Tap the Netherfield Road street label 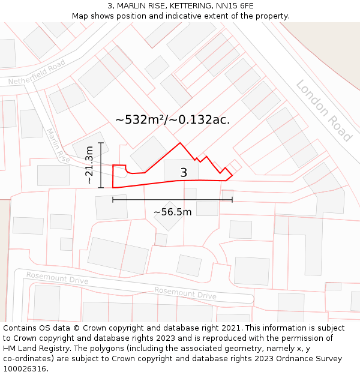click(x=37, y=72)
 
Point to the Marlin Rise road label click(x=58, y=146)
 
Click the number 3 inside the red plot click(x=184, y=173)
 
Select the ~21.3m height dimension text click(x=89, y=165)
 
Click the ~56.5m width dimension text click(x=172, y=212)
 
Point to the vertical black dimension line click(x=101, y=165)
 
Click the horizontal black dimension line click(x=172, y=199)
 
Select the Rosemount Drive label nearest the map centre click(x=185, y=293)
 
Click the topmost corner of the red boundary click(x=180, y=143)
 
